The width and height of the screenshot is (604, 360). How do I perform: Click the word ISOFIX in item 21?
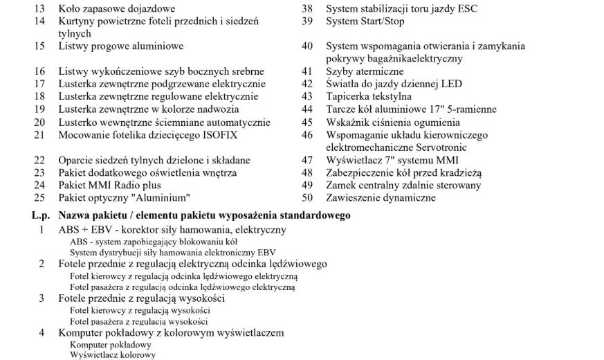pos(228,135)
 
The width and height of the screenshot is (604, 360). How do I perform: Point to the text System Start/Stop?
pos(365,21)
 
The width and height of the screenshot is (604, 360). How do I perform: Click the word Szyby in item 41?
pos(340,72)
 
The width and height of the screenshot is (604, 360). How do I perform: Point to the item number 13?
pos(39,9)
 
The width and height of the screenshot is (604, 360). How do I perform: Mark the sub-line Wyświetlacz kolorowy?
pos(113,354)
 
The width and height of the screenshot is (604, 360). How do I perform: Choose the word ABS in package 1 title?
pos(70,230)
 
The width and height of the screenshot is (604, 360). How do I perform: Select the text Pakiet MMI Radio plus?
pos(109,186)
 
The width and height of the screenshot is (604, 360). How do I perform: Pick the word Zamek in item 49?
pos(341,186)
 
